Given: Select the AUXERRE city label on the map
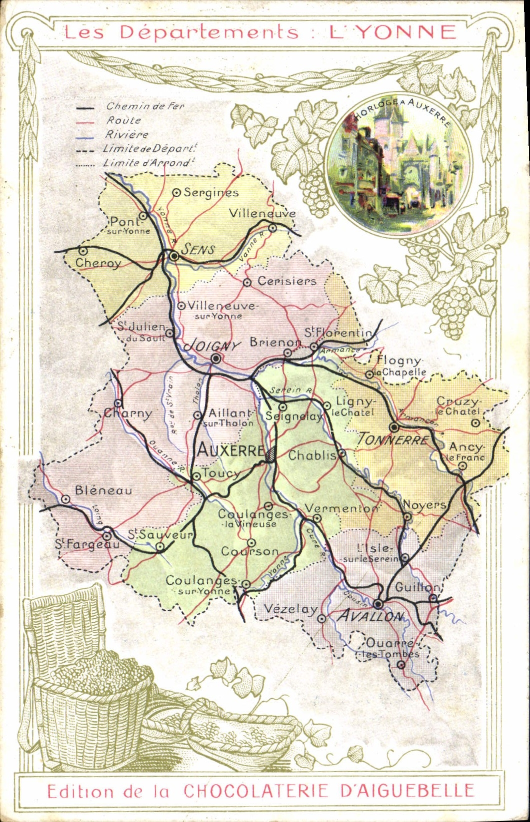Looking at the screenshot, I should click(x=230, y=450).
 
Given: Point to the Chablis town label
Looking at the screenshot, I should click(x=312, y=455).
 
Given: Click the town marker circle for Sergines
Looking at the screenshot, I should click(x=176, y=192).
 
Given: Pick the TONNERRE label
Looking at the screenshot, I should click(x=393, y=439).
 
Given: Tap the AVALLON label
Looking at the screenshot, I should click(x=370, y=616).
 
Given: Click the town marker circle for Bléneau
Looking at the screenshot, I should click(x=65, y=499).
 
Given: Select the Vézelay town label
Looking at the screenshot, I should click(x=290, y=609).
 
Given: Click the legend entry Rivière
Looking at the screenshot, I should click(x=127, y=135).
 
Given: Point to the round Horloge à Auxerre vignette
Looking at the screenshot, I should click(x=398, y=165).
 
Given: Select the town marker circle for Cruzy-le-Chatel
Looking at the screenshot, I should click(x=475, y=423).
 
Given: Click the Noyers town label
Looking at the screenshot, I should click(x=424, y=505).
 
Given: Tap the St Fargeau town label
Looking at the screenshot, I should click(x=87, y=544).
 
